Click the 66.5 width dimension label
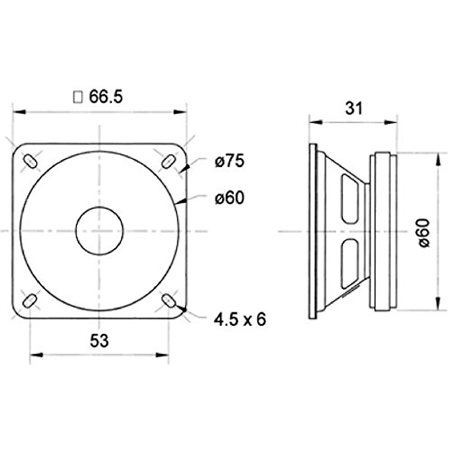(106, 97)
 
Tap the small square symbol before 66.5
(78, 97)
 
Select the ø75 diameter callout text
(230, 161)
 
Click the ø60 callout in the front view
(230, 198)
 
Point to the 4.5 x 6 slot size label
(240, 320)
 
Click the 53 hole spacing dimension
(99, 341)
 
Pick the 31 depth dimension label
(354, 108)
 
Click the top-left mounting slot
(30, 161)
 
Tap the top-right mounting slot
(168, 161)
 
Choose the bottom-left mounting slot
(30, 301)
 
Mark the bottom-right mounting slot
(169, 301)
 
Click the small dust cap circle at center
(100, 231)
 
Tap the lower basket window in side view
(349, 263)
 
